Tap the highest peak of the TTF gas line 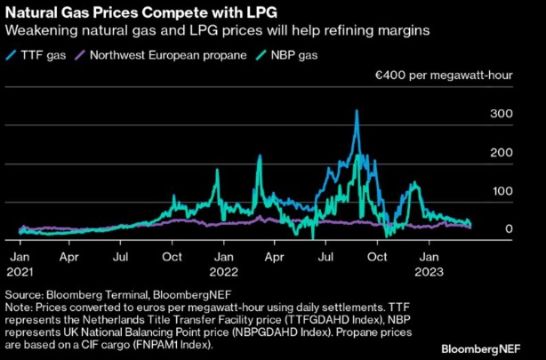[357, 111]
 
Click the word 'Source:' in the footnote [23, 293]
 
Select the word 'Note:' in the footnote [20, 306]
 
